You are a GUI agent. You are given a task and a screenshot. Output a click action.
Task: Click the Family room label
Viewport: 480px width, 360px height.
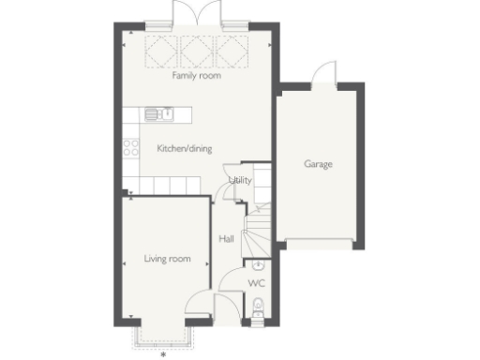click(x=196, y=76)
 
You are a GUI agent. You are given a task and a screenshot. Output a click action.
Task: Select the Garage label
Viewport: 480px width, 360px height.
click(x=318, y=164)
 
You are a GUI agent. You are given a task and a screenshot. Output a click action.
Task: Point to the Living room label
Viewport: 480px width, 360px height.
click(x=167, y=258)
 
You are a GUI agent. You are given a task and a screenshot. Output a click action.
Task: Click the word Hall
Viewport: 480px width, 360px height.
click(x=226, y=239)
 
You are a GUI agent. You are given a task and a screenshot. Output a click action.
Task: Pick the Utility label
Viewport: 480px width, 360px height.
click(x=240, y=180)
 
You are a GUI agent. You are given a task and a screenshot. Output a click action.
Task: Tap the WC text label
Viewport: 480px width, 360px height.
click(x=256, y=281)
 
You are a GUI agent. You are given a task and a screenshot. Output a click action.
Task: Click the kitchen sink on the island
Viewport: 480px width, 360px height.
click(x=158, y=114)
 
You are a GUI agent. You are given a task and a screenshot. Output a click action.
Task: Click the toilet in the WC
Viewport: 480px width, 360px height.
click(x=257, y=306)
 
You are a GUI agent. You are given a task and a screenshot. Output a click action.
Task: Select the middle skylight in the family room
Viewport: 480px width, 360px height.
click(x=196, y=50)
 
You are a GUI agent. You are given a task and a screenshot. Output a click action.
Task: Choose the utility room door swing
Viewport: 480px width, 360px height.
click(x=225, y=189)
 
